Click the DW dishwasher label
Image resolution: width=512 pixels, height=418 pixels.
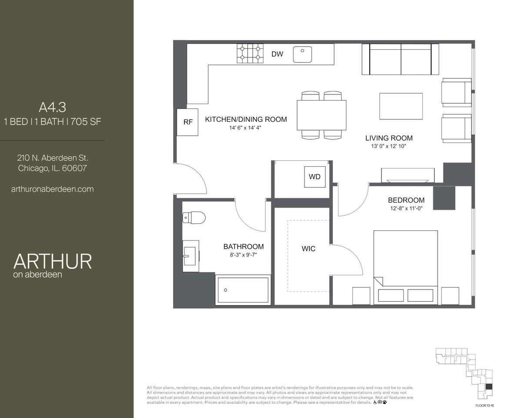pos(277,54)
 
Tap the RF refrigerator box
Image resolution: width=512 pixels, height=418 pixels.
pos(187,122)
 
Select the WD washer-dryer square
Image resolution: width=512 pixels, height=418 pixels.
pos(315,177)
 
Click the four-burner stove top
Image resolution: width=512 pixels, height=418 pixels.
pos(250,53)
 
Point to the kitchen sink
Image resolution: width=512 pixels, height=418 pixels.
pos(302,54)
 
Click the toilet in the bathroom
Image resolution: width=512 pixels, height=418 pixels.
pos(194,217)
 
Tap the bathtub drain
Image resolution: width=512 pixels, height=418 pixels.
pos(225,290)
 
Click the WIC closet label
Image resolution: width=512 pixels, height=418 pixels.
pos(308,249)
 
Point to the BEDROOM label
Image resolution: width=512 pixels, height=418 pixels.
pos(406,200)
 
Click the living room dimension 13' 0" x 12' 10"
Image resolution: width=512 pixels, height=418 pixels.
pos(388,146)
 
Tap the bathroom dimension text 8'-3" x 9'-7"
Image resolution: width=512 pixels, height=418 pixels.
pos(243,255)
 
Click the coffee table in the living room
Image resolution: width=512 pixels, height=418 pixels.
pos(401,106)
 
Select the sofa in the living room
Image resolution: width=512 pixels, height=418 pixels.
pos(400,60)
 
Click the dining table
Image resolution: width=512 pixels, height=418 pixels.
pos(321,115)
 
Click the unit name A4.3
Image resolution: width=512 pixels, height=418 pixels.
pos(53,107)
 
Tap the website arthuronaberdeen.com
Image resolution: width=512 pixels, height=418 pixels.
pos(53,189)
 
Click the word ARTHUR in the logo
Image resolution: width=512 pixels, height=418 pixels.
pos(53,261)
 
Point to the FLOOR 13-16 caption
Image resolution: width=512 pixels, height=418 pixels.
pos(485,405)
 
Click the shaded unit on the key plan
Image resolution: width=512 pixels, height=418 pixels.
pos(489,386)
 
